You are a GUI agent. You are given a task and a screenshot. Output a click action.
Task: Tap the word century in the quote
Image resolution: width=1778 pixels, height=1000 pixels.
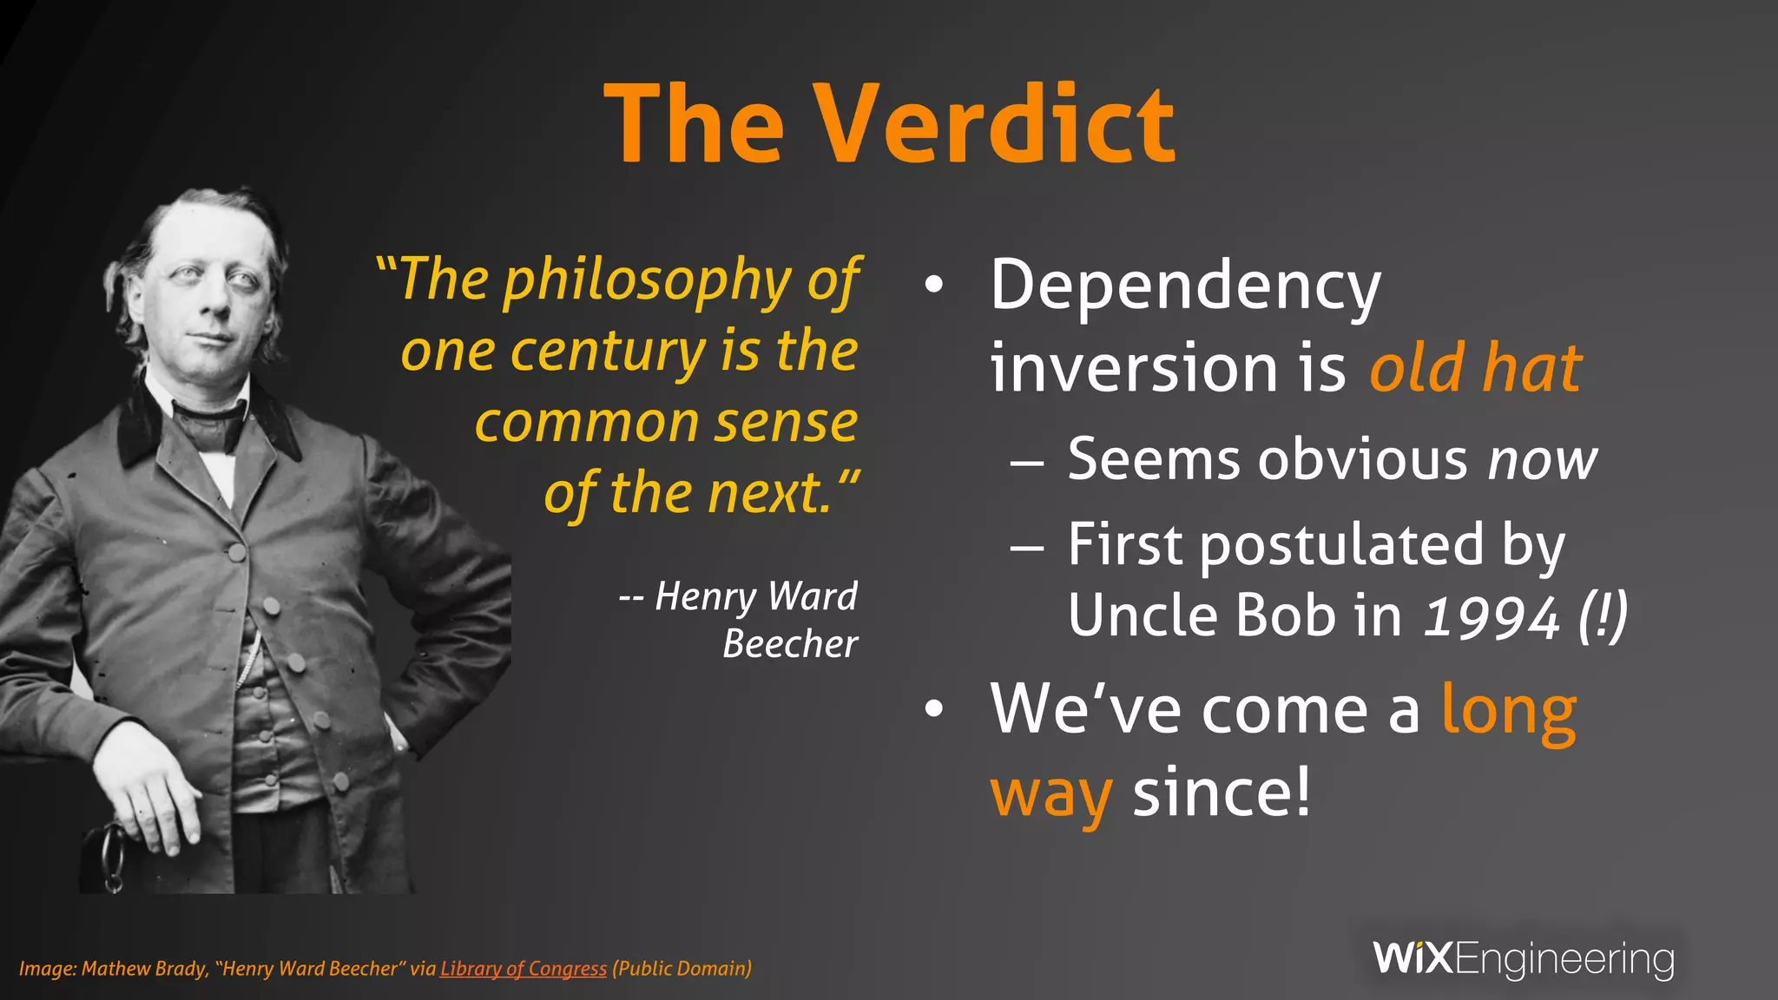click(608, 353)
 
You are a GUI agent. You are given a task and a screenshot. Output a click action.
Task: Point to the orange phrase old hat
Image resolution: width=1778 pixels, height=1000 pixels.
click(1475, 369)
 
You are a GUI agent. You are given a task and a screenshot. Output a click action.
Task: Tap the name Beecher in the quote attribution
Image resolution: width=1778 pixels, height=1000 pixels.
click(790, 644)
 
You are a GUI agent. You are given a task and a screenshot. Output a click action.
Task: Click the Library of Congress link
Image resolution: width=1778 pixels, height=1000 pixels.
click(523, 969)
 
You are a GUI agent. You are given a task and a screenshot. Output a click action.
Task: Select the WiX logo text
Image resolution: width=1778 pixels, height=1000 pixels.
click(1412, 958)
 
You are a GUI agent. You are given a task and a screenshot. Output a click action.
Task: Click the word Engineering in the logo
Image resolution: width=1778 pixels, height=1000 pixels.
click(1564, 960)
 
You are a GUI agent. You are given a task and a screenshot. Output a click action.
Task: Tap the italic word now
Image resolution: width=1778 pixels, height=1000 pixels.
click(1542, 460)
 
